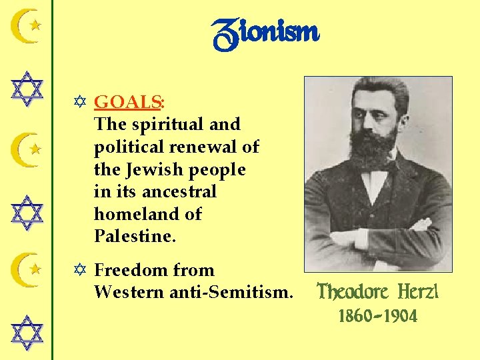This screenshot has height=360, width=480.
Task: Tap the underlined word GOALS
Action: pyautogui.click(x=128, y=102)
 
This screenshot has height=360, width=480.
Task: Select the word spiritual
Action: pyautogui.click(x=159, y=125)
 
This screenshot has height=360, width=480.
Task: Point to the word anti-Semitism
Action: pyautogui.click(x=235, y=292)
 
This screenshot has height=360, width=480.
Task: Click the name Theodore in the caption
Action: pyautogui.click(x=353, y=292)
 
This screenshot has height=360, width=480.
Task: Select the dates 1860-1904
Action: pyautogui.click(x=378, y=316)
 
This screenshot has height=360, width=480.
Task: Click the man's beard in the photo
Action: pyautogui.click(x=373, y=147)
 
